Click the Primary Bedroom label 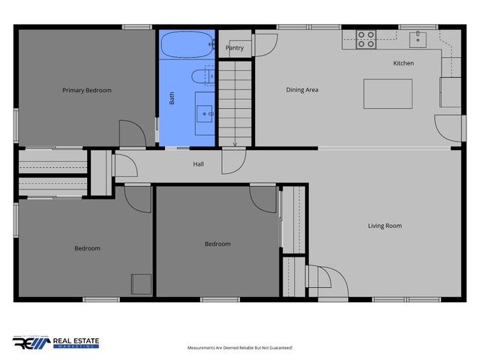click(86, 91)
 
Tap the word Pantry click(235, 48)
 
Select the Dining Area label click(302, 90)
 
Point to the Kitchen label click(403, 63)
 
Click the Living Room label click(385, 226)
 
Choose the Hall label click(198, 164)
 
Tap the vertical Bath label click(172, 98)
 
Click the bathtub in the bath click(185, 44)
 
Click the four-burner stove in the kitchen click(366, 38)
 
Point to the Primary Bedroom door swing click(132, 133)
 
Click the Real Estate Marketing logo click(56, 342)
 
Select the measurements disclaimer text click(239, 348)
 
